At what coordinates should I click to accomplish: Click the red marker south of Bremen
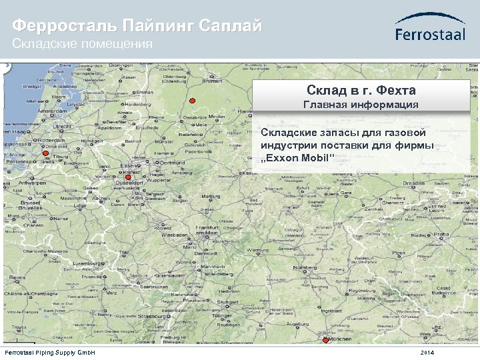[192, 101]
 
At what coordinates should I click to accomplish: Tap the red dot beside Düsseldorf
[129, 177]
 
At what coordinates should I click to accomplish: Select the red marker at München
[325, 340]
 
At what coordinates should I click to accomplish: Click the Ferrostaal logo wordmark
[430, 34]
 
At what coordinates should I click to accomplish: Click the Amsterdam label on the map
[55, 111]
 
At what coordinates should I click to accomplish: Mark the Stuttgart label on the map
[228, 301]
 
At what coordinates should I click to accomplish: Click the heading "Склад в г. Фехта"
[361, 90]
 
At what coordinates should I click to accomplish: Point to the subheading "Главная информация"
[361, 105]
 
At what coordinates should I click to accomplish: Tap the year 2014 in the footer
[427, 352]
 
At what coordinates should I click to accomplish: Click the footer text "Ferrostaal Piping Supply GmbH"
[51, 352]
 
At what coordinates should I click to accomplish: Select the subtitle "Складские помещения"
[83, 44]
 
